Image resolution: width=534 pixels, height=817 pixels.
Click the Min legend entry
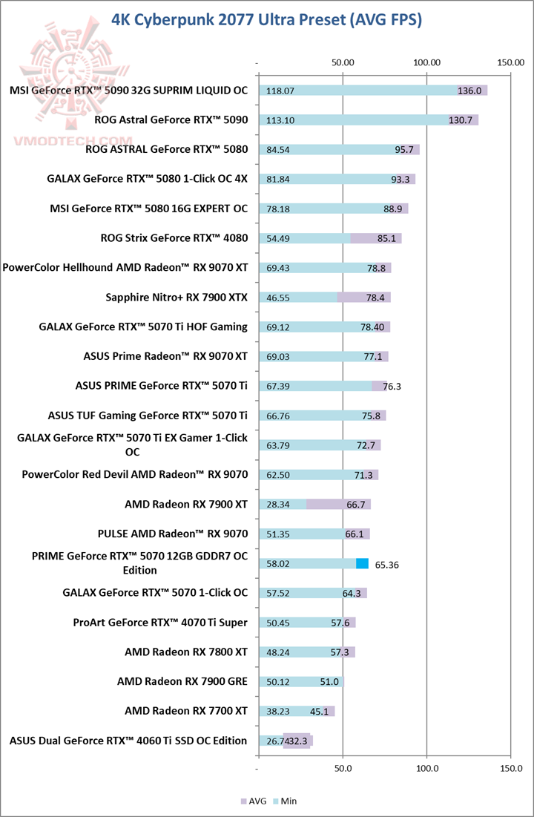click(x=285, y=801)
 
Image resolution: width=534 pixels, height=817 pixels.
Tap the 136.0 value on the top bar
click(x=469, y=91)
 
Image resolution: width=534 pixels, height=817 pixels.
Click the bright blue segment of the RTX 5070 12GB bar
click(x=362, y=564)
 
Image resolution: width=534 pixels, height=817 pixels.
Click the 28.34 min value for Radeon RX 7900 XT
click(x=278, y=505)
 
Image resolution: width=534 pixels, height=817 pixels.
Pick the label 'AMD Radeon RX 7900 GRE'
click(x=182, y=681)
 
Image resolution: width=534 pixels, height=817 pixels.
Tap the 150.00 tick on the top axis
click(x=510, y=63)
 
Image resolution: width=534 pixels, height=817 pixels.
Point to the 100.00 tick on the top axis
click(x=427, y=63)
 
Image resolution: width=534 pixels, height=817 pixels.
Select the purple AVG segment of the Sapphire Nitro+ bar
click(x=363, y=298)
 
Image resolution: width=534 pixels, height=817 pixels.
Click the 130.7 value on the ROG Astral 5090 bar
click(x=461, y=120)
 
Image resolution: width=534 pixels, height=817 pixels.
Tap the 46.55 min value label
click(x=278, y=298)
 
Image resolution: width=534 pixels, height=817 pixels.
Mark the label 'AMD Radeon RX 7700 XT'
click(x=186, y=711)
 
